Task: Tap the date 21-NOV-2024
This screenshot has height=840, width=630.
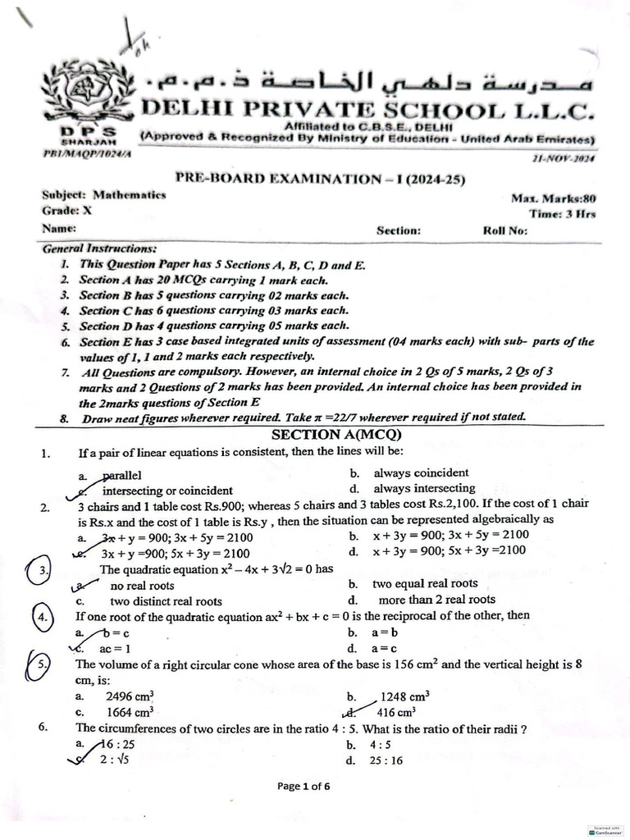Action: click(565, 158)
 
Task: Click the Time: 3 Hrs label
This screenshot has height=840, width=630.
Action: click(563, 213)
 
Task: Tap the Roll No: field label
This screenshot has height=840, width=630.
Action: click(506, 231)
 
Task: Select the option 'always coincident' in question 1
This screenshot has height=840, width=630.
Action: click(421, 472)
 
